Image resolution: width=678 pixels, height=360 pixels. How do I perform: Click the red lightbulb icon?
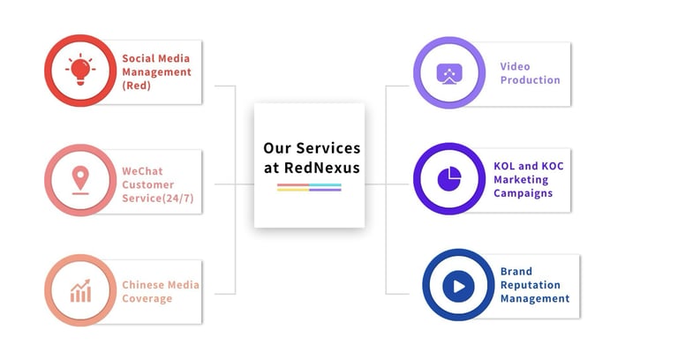pyautogui.click(x=80, y=70)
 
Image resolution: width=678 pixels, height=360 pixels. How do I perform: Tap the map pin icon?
pyautogui.click(x=80, y=180)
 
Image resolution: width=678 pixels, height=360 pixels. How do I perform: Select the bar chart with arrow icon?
pyautogui.click(x=80, y=290)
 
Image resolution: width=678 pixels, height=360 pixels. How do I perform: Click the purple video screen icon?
pyautogui.click(x=450, y=73)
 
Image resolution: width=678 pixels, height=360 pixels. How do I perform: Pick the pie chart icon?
pyautogui.click(x=450, y=179)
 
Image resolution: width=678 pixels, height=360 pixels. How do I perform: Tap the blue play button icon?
pyautogui.click(x=458, y=285)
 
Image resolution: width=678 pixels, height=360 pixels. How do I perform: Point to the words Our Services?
pyautogui.click(x=312, y=148)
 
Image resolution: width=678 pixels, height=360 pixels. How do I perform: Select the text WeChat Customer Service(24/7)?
pyautogui.click(x=156, y=184)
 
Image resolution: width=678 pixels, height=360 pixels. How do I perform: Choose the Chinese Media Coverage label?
pyautogui.click(x=160, y=291)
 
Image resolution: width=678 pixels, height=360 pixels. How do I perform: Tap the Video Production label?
pyautogui.click(x=530, y=73)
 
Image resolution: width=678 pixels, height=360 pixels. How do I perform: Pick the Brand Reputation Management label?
pyautogui.click(x=534, y=285)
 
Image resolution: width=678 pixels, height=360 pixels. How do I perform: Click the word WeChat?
pyautogui.click(x=143, y=170)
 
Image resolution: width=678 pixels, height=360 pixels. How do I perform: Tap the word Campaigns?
pyautogui.click(x=523, y=193)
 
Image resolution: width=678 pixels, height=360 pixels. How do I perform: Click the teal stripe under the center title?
pyautogui.click(x=325, y=185)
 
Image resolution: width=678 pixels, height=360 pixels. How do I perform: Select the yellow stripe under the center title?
pyautogui.click(x=292, y=190)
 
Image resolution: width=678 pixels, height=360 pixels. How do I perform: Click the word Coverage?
pyautogui.click(x=147, y=298)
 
